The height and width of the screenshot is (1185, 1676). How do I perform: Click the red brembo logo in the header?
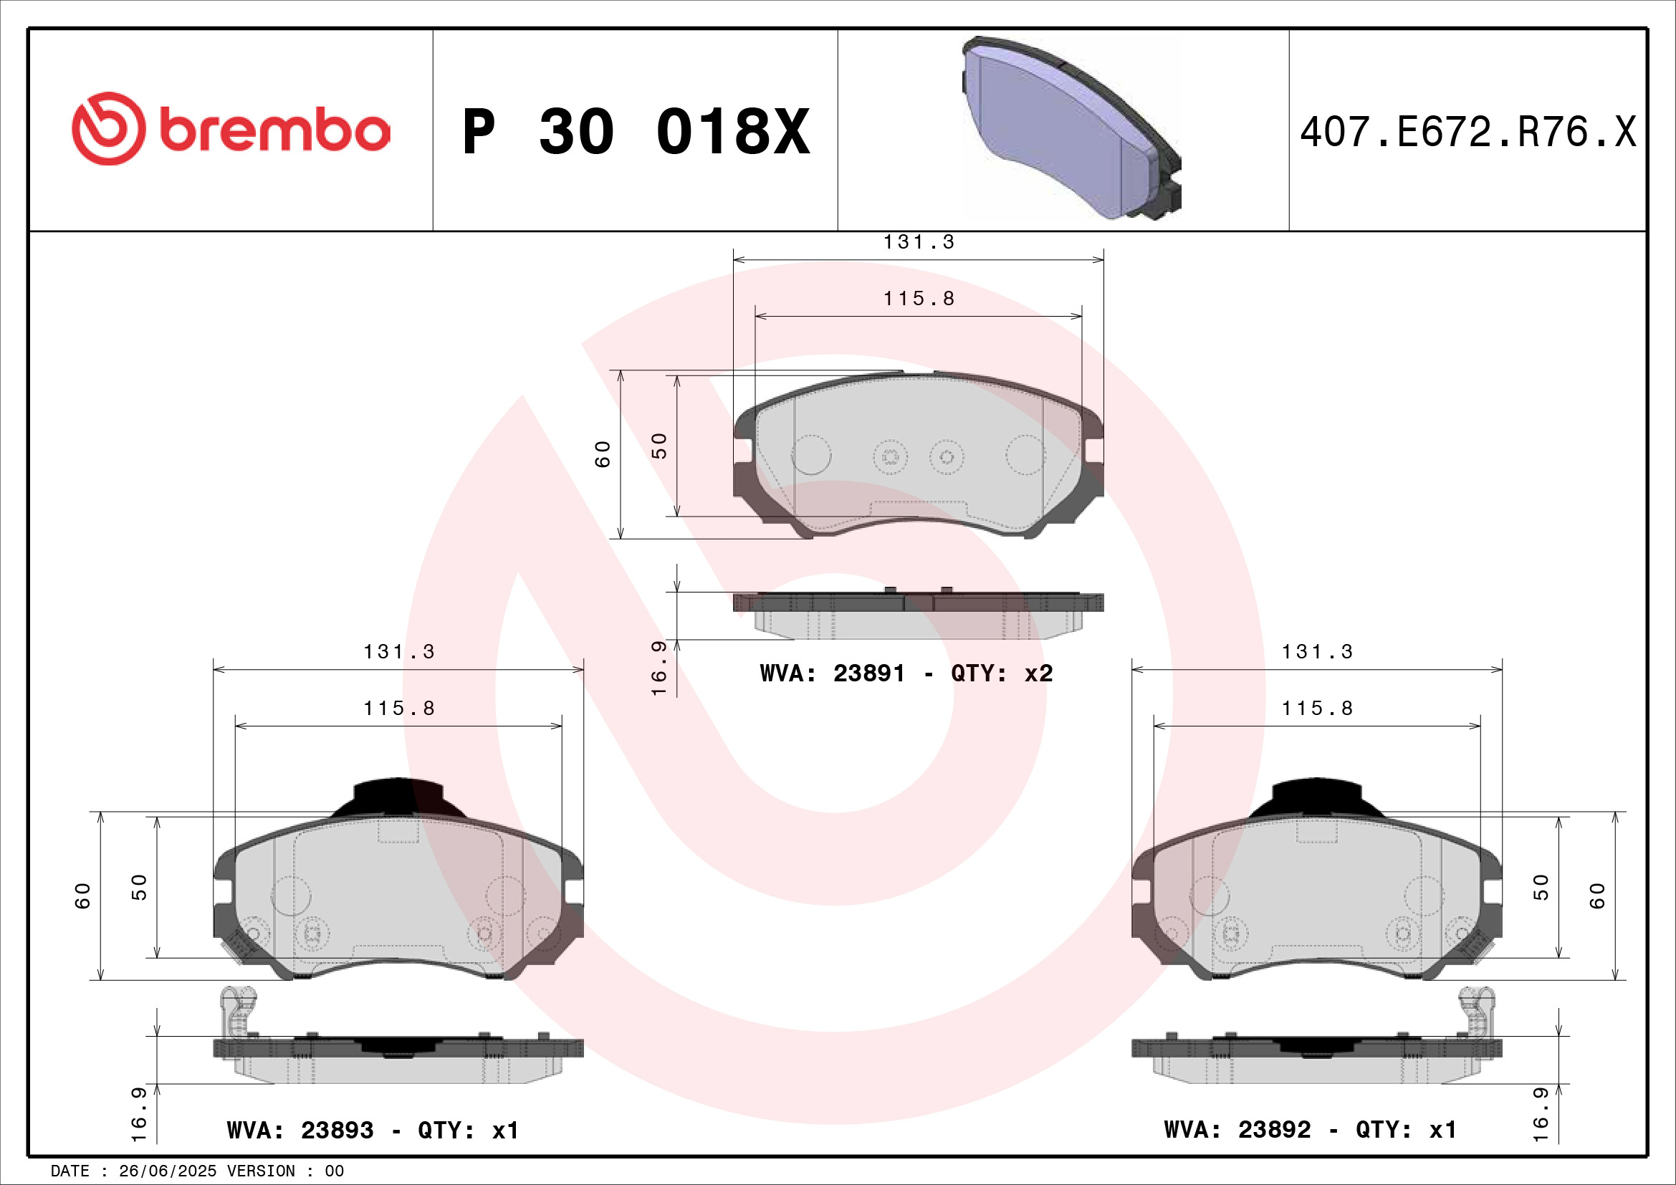231,129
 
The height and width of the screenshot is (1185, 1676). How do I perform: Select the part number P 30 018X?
636,132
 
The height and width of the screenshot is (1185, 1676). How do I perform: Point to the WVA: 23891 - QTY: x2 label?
906,673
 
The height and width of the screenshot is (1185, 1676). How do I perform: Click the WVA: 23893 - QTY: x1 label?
373,1131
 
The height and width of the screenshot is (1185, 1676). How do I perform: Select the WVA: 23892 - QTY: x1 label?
1311,1130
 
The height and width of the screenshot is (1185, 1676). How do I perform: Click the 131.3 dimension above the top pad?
919,242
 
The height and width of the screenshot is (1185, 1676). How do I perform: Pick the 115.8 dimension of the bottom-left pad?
398,709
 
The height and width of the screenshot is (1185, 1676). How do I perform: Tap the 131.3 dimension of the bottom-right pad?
1317,651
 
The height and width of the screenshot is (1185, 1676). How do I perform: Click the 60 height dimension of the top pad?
603,454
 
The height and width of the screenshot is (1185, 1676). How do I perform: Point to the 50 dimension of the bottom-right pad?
1541,886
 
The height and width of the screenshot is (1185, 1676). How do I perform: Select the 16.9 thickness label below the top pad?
659,668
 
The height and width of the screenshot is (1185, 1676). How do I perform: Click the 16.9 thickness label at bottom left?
138,1113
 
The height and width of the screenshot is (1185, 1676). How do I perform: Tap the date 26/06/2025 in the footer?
167,1171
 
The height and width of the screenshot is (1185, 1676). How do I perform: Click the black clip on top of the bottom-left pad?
398,796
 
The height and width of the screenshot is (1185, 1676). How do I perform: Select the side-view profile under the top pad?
919,614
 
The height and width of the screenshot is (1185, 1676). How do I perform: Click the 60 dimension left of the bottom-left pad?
83,896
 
